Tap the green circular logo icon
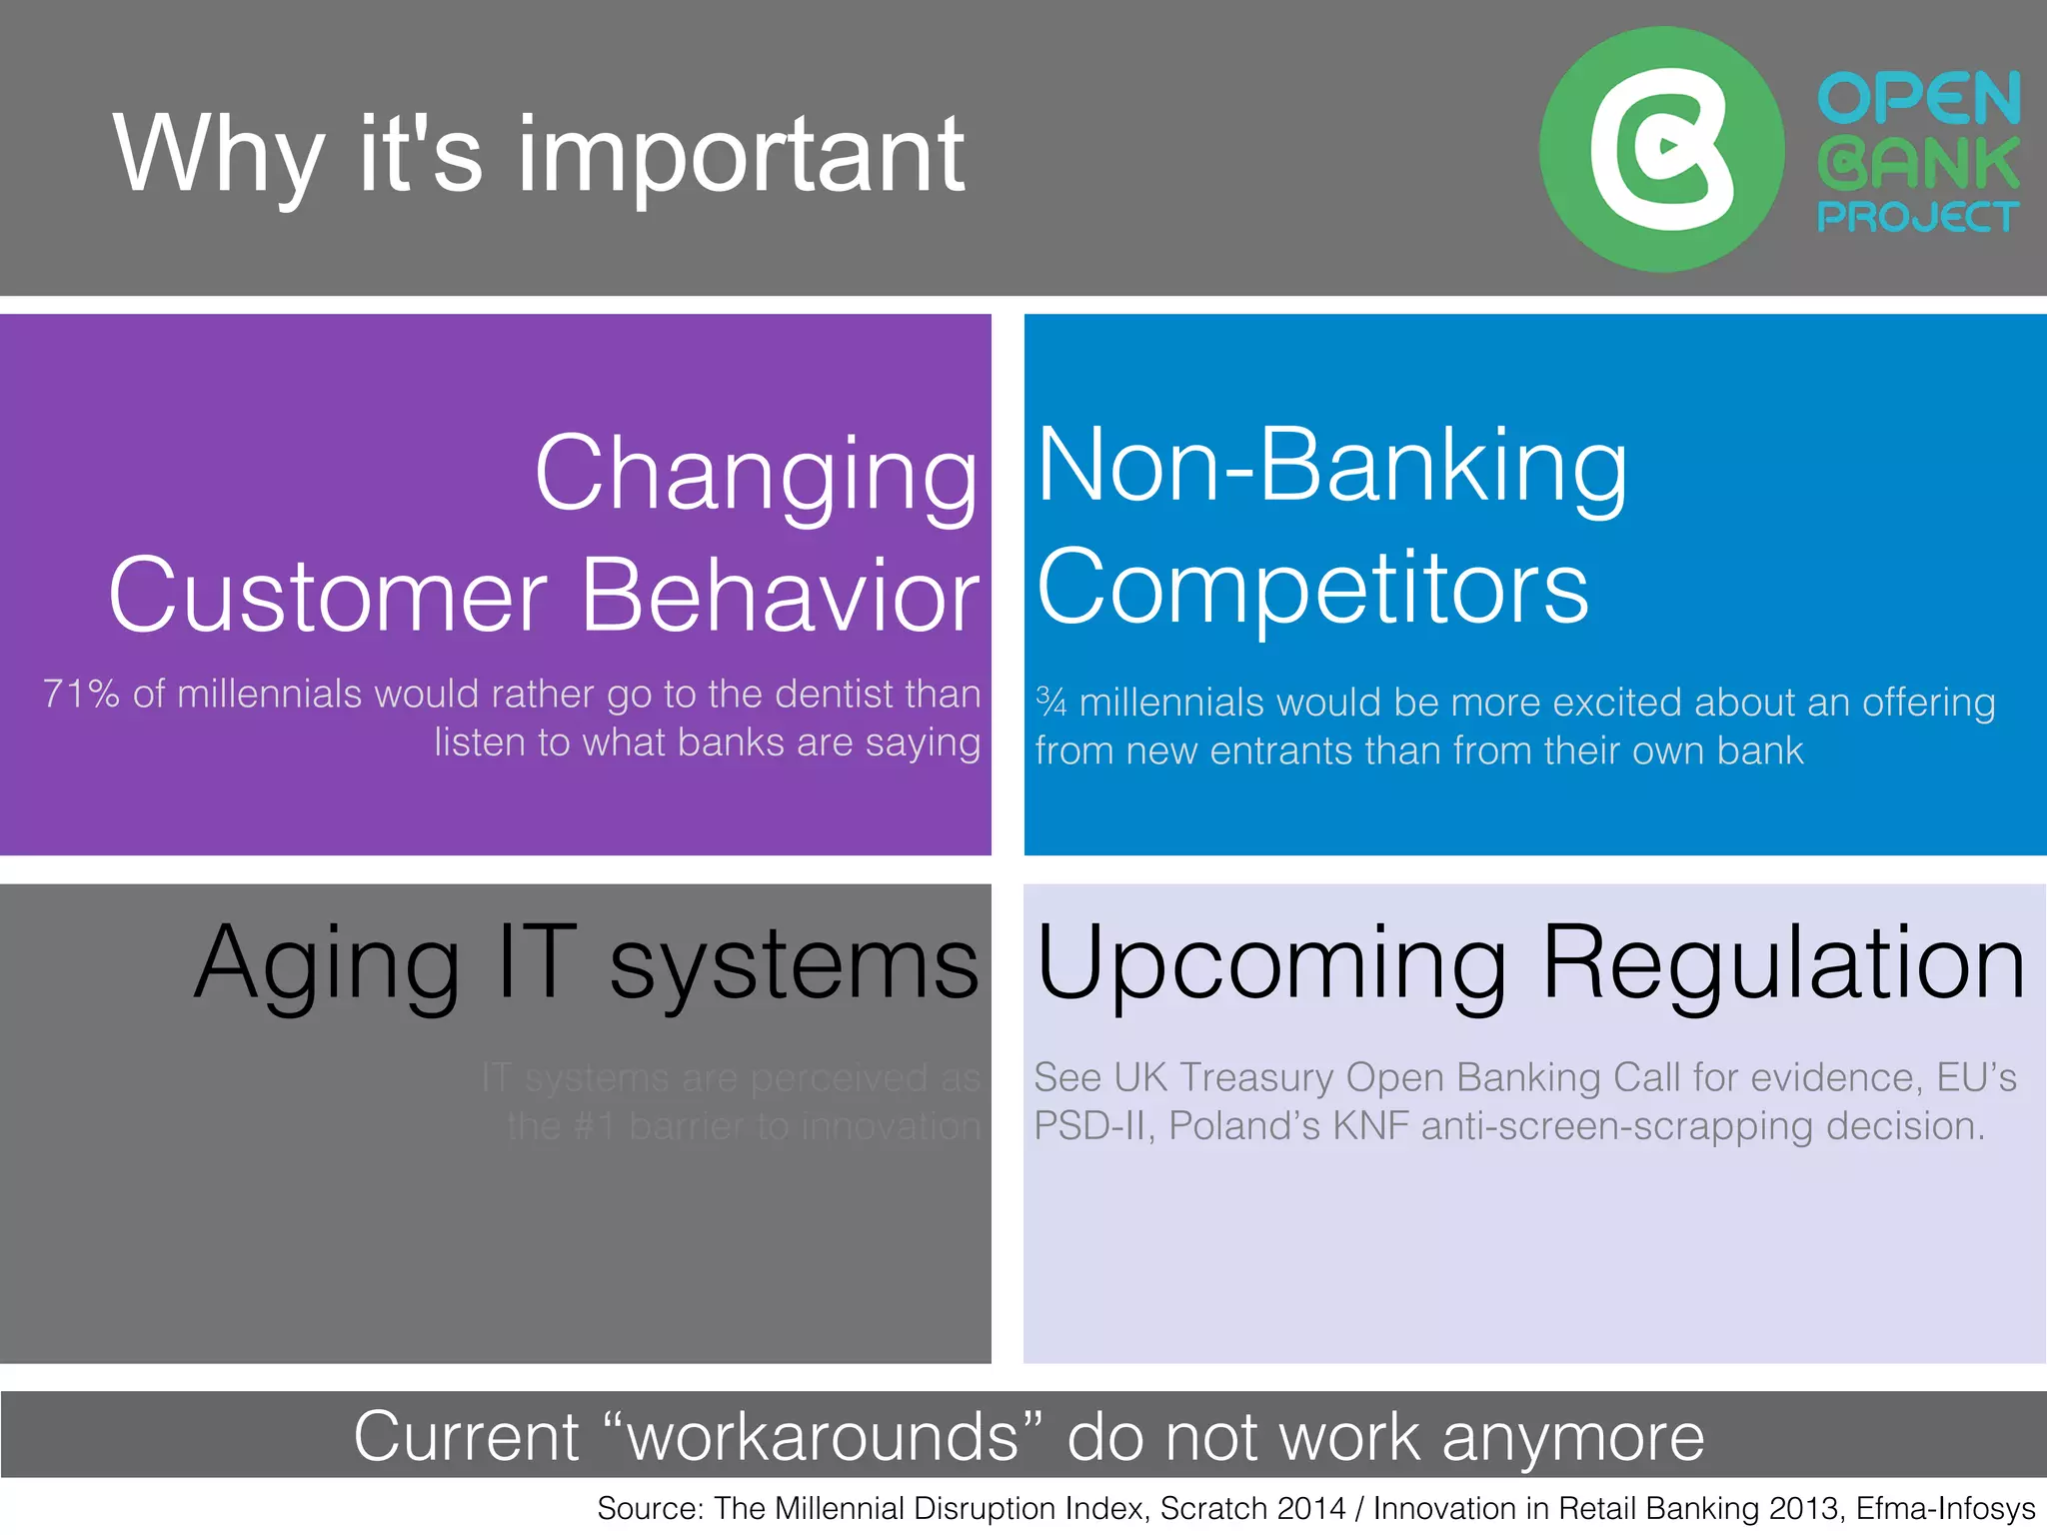pos(1660,150)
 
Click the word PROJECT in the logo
pos(1917,217)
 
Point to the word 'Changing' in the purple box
pos(756,475)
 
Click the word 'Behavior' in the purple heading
pos(780,596)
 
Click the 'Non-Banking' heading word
pos(1331,465)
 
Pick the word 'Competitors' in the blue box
pos(1312,588)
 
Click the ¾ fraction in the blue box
pos(1050,702)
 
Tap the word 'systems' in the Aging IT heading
pos(794,962)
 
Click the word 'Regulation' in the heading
pos(1783,962)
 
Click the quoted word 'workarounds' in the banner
pos(824,1437)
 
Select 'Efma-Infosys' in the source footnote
pos(1945,1508)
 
